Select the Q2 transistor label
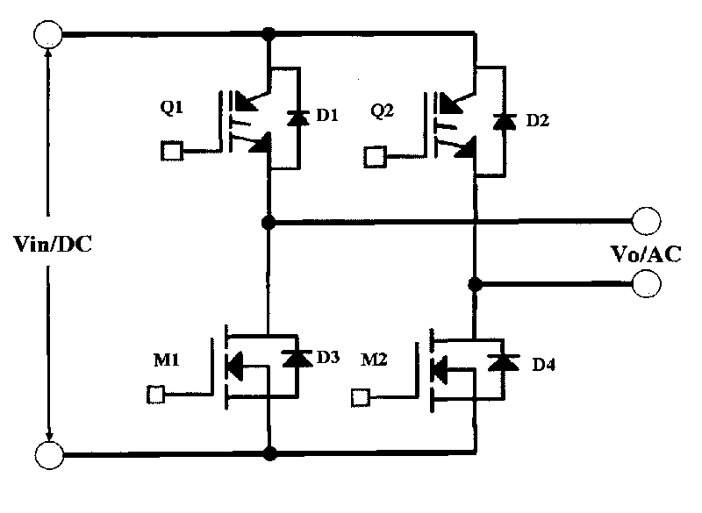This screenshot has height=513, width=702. pyautogui.click(x=383, y=111)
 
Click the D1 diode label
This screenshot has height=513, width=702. pyautogui.click(x=326, y=115)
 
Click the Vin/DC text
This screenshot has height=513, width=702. pyautogui.click(x=55, y=245)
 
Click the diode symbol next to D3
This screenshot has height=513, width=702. pyautogui.click(x=295, y=358)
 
